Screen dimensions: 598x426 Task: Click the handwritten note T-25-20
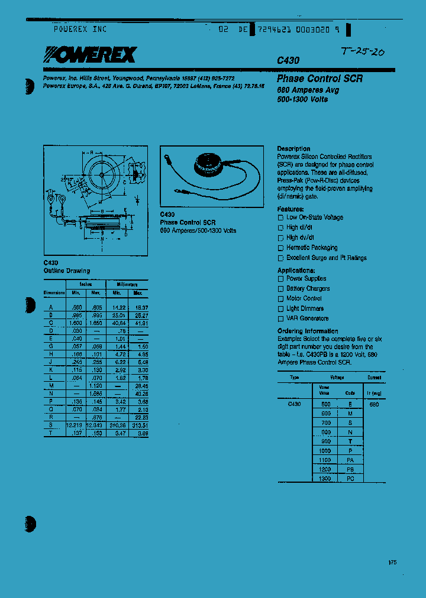363,52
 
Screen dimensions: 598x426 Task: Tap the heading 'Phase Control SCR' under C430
319,79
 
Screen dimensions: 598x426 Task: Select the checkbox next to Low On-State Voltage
281,218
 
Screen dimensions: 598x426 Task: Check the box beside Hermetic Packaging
281,248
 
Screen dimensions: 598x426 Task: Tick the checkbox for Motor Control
281,299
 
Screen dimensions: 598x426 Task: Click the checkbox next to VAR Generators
281,319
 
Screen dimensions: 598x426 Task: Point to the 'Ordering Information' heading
308,331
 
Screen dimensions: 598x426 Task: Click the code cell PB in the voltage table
350,469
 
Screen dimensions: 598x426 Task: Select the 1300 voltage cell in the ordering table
325,478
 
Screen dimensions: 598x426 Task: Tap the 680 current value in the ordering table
374,405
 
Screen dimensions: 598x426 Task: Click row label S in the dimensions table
51,425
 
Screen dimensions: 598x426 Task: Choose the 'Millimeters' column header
127,284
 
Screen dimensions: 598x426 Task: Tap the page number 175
393,562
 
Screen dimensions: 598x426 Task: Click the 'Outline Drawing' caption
67,271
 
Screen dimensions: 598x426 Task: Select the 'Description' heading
293,148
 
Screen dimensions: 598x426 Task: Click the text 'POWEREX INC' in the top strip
80,28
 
